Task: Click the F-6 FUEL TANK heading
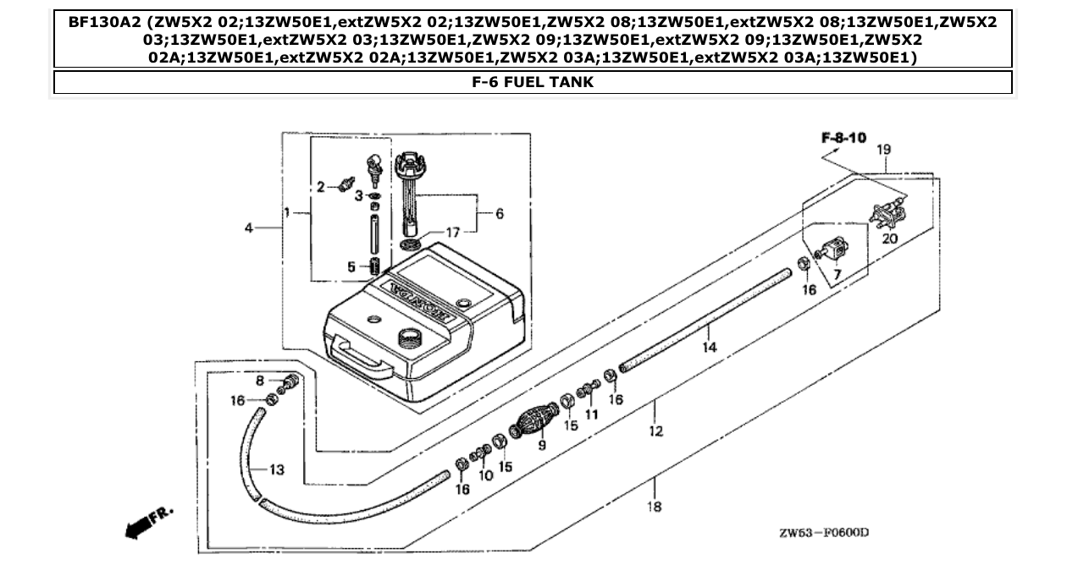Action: [533, 83]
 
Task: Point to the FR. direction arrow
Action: [148, 521]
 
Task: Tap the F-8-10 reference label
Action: [843, 137]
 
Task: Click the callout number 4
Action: [248, 228]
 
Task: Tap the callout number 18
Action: [654, 507]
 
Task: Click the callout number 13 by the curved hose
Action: [277, 470]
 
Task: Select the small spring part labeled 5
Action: [373, 268]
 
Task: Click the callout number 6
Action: [499, 214]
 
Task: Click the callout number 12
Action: [655, 431]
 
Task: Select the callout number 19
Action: [882, 150]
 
